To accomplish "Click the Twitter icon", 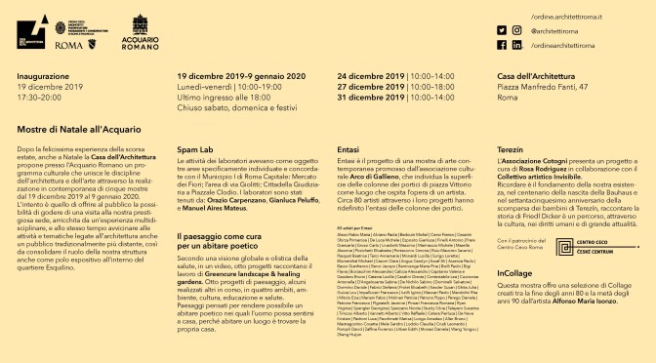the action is coord(511,30).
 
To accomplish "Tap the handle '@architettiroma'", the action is coord(559,30).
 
